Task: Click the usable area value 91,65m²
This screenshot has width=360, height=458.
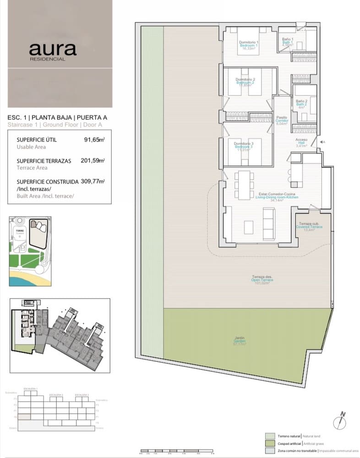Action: pos(94,140)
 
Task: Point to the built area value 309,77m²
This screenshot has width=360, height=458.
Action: pos(93,181)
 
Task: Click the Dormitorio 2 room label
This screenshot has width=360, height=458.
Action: pos(245,82)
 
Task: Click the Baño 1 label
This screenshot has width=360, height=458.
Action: pos(287,43)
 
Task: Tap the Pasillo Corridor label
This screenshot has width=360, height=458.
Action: pos(281,120)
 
